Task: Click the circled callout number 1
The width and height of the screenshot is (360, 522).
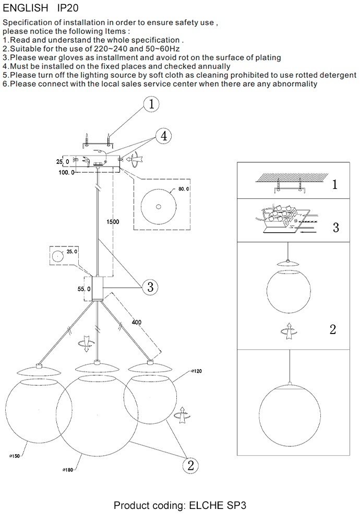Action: (x=151, y=104)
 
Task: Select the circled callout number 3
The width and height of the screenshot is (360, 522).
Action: (x=150, y=287)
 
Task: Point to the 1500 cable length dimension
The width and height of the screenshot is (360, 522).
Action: (x=113, y=222)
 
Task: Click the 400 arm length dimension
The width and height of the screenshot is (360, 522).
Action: (x=137, y=322)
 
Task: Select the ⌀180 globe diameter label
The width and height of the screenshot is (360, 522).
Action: (x=67, y=470)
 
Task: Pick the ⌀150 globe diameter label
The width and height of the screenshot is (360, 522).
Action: (x=14, y=456)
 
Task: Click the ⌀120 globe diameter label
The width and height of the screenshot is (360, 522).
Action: (x=196, y=372)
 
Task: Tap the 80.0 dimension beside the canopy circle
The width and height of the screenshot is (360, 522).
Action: (x=184, y=189)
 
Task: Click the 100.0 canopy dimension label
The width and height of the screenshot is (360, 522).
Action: (x=67, y=172)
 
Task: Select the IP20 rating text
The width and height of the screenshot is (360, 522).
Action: (x=68, y=8)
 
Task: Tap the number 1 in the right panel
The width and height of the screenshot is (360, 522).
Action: (x=334, y=184)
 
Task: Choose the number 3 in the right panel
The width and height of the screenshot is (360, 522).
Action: (x=335, y=228)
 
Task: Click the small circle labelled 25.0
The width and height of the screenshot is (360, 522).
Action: (x=56, y=256)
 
